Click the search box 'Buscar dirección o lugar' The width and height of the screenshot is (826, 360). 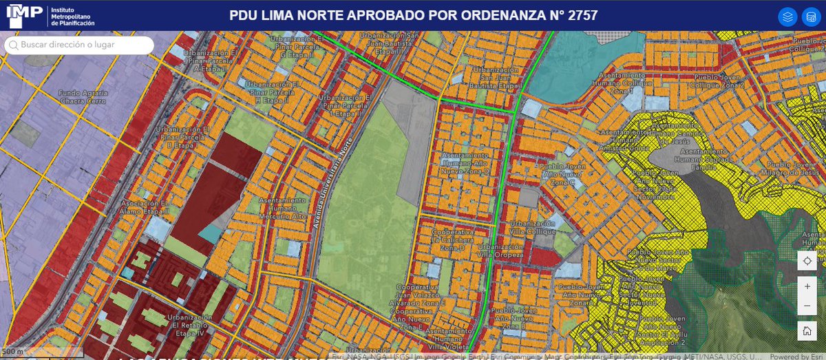pos(79,45)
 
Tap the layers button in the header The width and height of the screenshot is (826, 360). pos(787,17)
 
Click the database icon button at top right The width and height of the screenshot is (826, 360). pos(809,17)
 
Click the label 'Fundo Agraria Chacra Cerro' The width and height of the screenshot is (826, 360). pos(82,97)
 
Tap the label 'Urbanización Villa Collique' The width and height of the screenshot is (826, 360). pos(531,229)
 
